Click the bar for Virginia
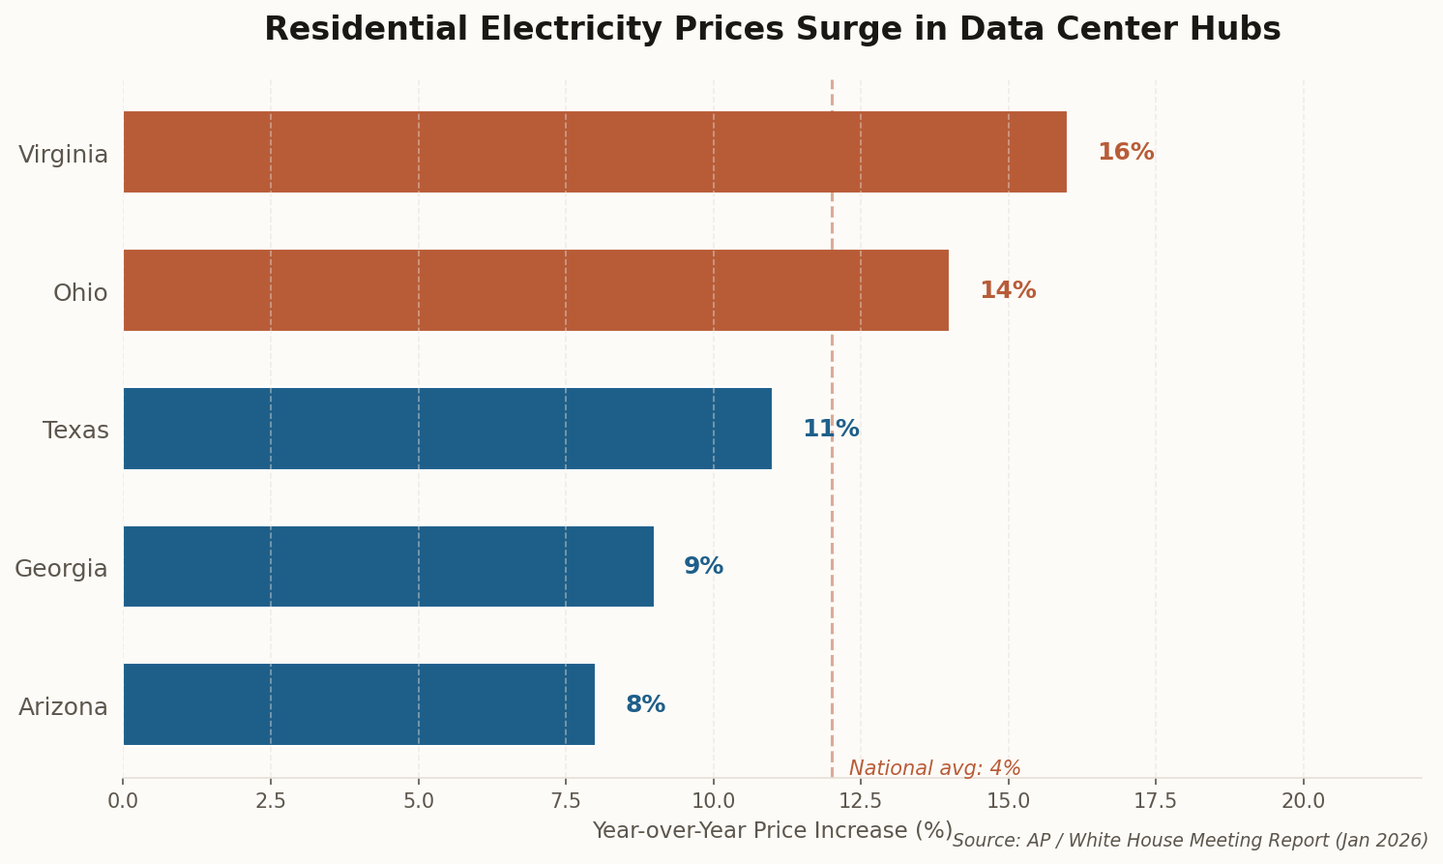click(594, 152)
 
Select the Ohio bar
click(535, 290)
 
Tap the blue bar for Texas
click(447, 429)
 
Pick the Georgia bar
click(388, 567)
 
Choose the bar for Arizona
click(358, 704)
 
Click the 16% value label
click(1125, 153)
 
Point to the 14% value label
click(1007, 291)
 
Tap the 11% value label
click(830, 430)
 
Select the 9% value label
click(703, 567)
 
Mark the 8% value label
click(645, 705)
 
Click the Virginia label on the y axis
click(63, 155)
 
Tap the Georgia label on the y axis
click(61, 569)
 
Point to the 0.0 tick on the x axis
click(123, 801)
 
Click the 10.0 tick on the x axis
click(713, 801)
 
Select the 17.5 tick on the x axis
click(1155, 801)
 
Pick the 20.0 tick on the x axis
click(1303, 801)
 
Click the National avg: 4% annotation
click(934, 769)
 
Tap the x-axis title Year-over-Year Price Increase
click(772, 831)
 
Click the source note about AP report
click(1190, 841)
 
